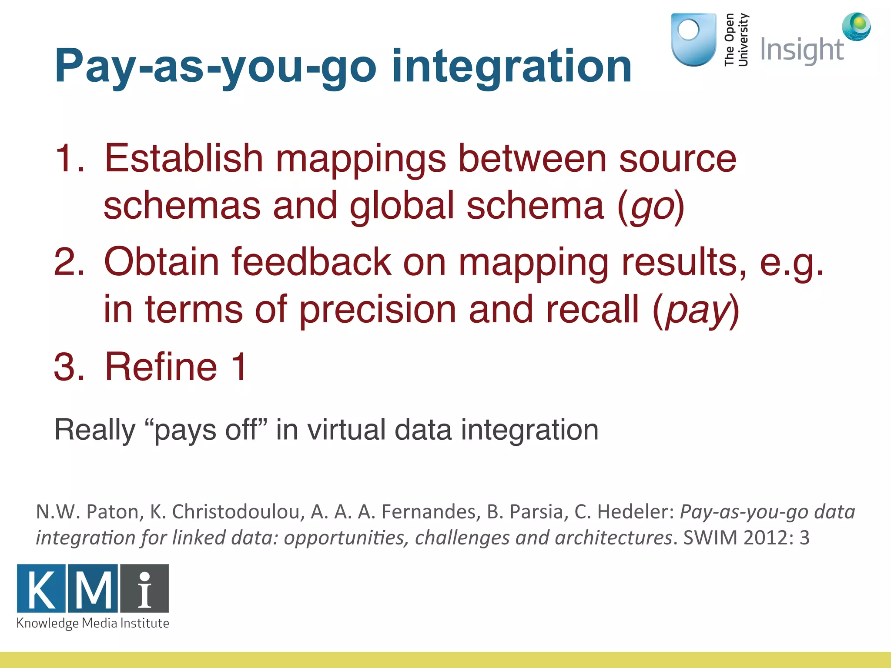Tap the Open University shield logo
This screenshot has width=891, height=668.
pyautogui.click(x=693, y=39)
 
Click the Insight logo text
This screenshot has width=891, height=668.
pyautogui.click(x=801, y=50)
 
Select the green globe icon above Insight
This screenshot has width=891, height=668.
pyautogui.click(x=856, y=26)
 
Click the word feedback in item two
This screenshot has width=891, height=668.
pyautogui.click(x=311, y=262)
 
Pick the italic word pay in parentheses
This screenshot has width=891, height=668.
pyautogui.click(x=696, y=310)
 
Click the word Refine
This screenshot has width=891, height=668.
pyautogui.click(x=161, y=367)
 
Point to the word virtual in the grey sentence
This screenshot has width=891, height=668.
pyautogui.click(x=346, y=430)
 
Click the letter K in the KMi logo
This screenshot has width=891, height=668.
pyautogui.click(x=41, y=589)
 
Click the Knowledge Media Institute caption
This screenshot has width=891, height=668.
pyautogui.click(x=93, y=623)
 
